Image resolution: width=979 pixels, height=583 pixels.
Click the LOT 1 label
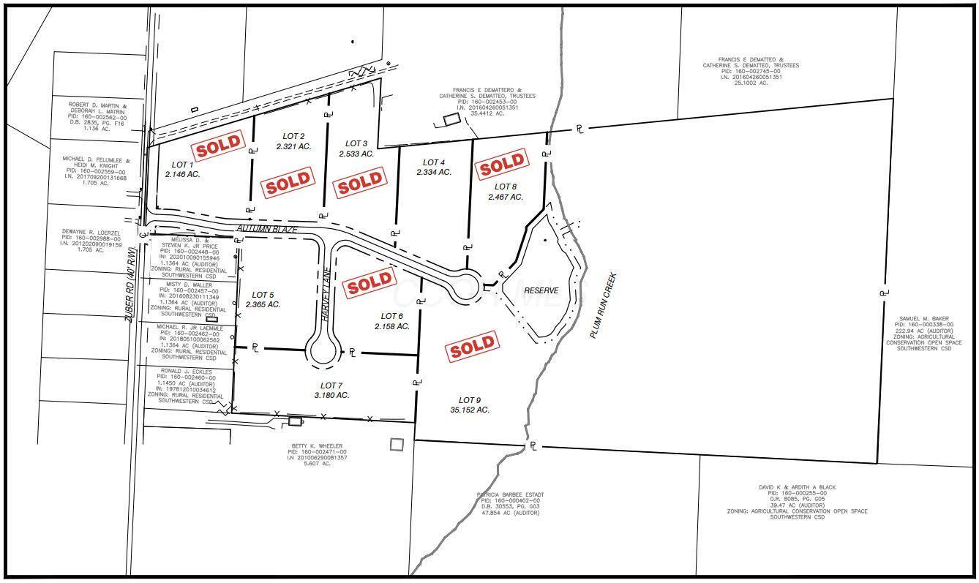coord(182,165)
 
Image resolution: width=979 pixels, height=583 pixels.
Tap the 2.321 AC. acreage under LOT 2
coord(293,146)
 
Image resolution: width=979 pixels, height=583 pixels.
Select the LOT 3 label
coord(356,143)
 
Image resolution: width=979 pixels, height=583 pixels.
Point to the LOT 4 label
coord(433,162)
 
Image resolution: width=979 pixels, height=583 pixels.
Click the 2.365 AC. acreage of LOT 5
coord(263,304)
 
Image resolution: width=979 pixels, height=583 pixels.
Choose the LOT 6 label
coord(392,316)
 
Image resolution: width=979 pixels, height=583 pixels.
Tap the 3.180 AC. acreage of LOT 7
coord(331,395)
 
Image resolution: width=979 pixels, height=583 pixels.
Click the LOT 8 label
coord(505,187)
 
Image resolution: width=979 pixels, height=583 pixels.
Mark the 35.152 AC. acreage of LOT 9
coord(470,410)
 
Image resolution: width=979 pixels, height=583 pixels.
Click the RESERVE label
coord(541,290)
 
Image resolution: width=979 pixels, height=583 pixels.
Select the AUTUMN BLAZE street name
coord(266,230)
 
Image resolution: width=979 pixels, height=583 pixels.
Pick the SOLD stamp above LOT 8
coord(501,165)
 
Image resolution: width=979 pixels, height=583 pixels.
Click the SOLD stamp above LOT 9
coord(473,347)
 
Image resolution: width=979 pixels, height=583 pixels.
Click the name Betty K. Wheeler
coord(315,445)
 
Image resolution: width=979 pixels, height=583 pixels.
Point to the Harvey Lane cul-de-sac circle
coord(323,351)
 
